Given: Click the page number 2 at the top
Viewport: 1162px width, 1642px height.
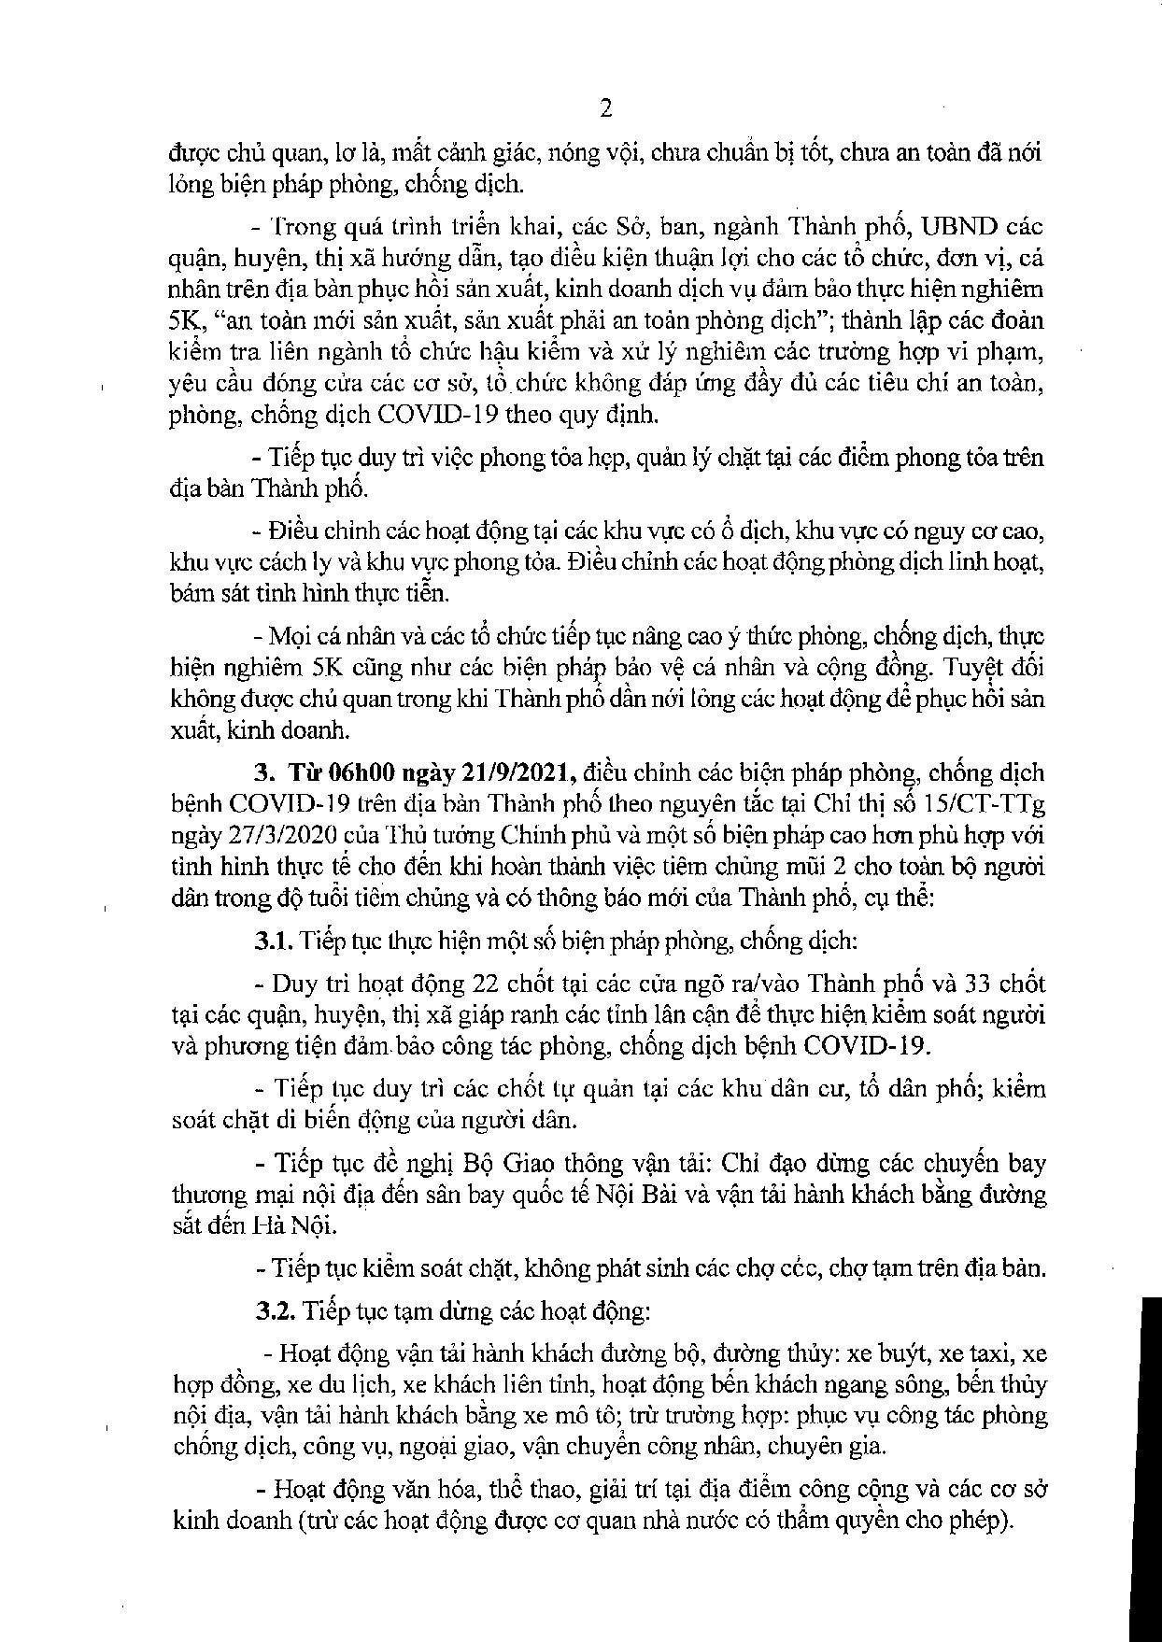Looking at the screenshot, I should (604, 109).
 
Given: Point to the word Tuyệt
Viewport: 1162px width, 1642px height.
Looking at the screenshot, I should (976, 670).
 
